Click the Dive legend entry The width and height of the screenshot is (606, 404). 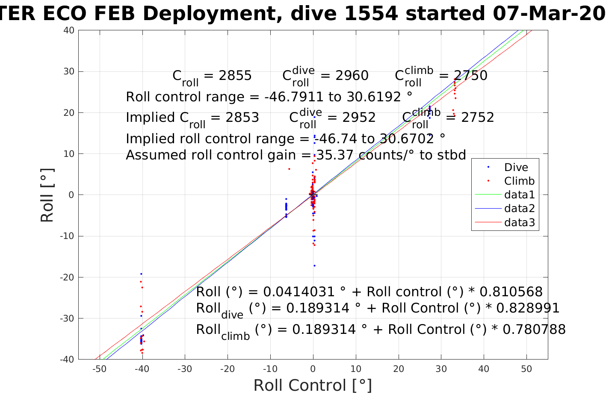[516, 167]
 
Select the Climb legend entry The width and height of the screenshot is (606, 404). [519, 181]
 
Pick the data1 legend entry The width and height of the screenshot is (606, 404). [519, 195]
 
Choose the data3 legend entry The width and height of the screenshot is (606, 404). [519, 222]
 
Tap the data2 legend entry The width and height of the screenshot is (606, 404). [519, 209]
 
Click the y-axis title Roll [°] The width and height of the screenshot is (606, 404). [47, 195]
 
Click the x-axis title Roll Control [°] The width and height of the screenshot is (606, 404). [313, 385]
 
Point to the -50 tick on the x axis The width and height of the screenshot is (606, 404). [99, 369]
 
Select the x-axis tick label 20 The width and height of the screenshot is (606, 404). [399, 369]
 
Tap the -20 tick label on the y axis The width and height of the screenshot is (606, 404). [67, 277]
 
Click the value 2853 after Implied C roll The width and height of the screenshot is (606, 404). [242, 118]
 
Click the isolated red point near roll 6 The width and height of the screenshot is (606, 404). [289, 169]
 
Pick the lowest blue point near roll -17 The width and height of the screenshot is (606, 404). [314, 265]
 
